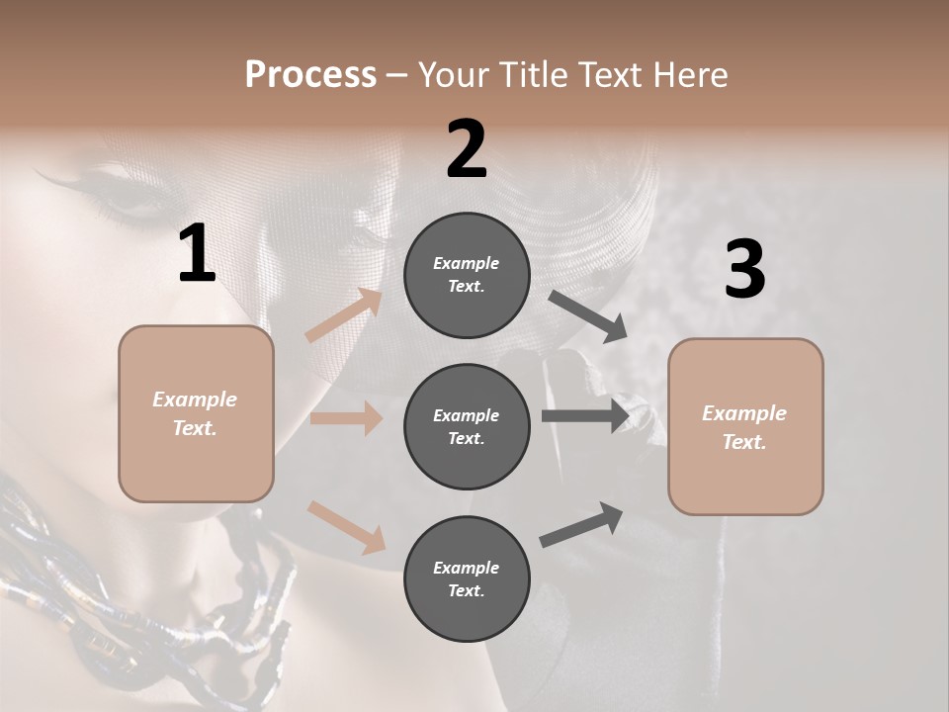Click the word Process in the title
[310, 75]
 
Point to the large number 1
[197, 254]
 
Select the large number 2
[467, 149]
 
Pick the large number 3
[744, 270]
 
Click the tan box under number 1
[196, 413]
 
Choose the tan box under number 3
[745, 427]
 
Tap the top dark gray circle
[467, 275]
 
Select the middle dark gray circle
[467, 426]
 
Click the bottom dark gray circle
[467, 578]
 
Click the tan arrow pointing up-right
[344, 315]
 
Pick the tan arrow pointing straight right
[346, 418]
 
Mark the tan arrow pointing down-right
[346, 526]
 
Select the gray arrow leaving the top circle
[587, 315]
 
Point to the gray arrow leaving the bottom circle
[581, 524]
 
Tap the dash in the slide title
[396, 75]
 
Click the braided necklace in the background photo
[59, 583]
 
